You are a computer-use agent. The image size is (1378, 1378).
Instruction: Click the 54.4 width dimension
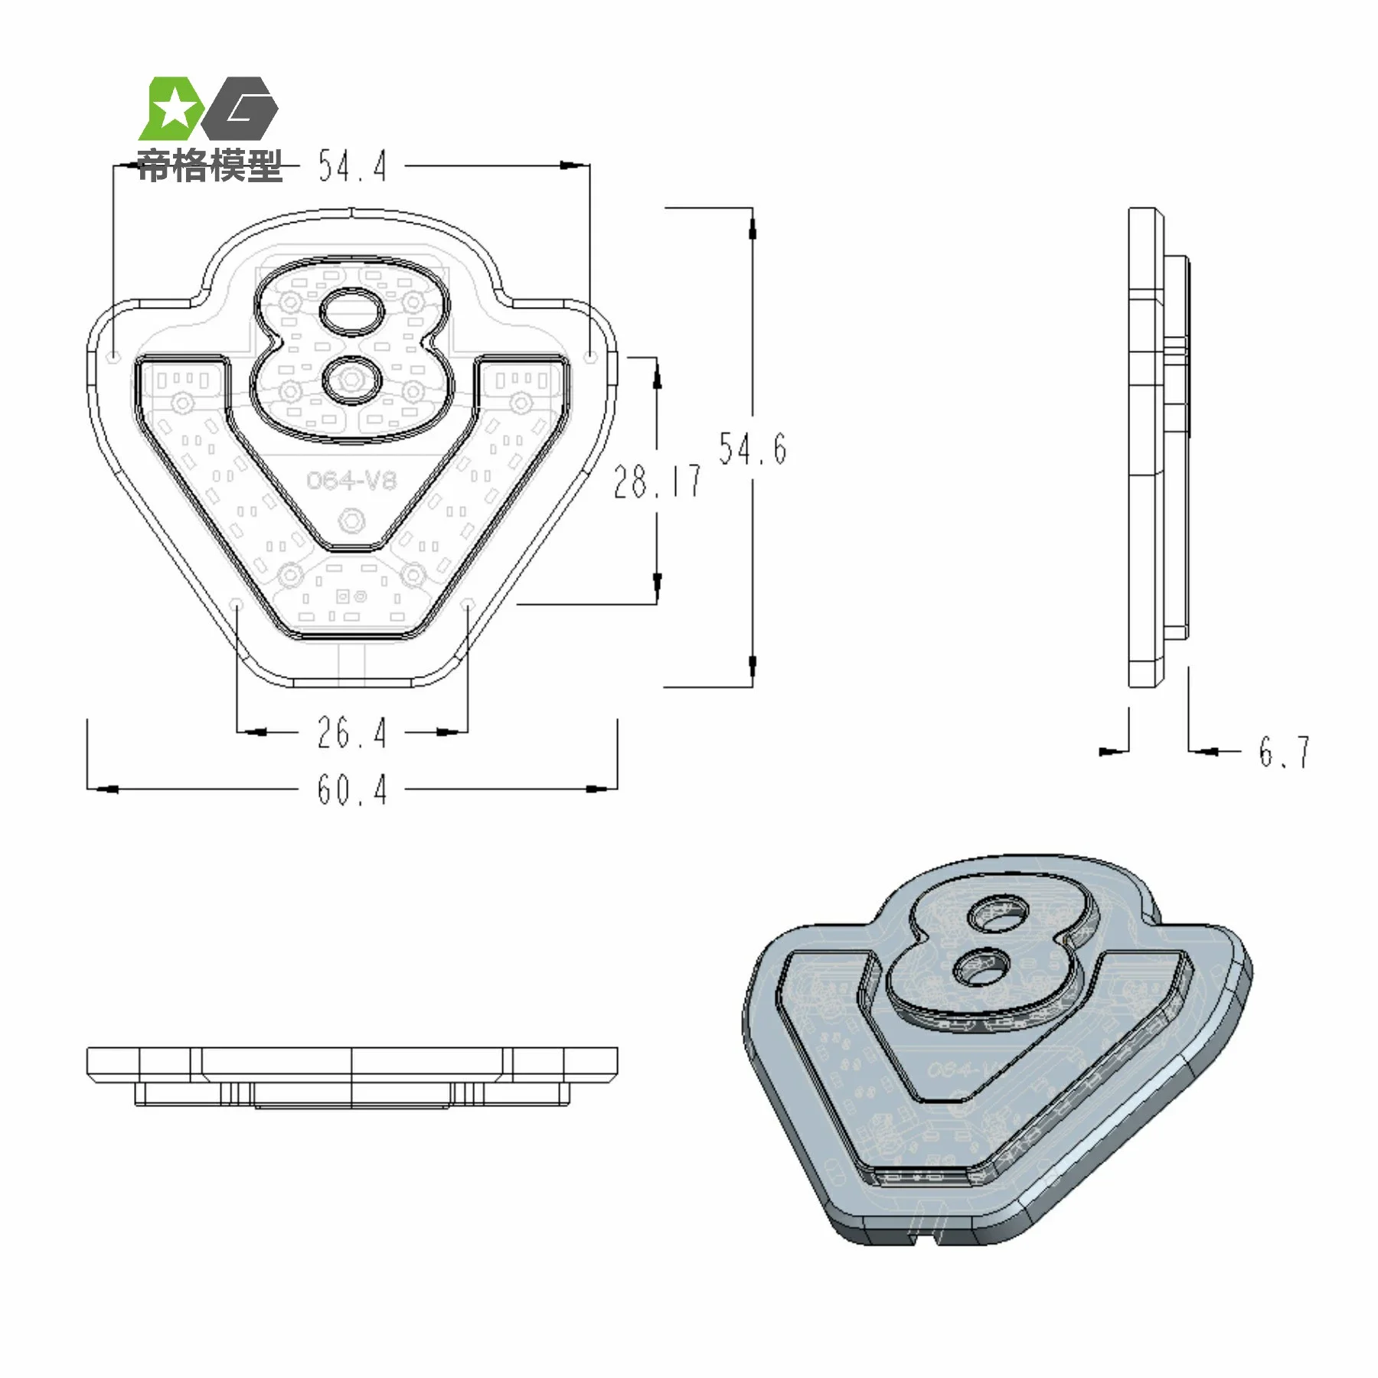(x=352, y=166)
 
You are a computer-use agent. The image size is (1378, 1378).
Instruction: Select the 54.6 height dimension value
(x=753, y=448)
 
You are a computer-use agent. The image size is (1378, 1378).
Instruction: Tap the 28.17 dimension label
(x=657, y=482)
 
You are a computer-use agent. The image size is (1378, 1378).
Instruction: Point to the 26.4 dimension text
(x=352, y=733)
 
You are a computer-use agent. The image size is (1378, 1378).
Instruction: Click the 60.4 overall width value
(x=352, y=789)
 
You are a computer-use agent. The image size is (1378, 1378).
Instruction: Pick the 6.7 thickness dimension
(x=1285, y=752)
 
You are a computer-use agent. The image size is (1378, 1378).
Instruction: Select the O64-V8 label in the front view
(x=351, y=480)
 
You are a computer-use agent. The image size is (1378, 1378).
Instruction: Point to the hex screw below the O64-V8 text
(x=351, y=521)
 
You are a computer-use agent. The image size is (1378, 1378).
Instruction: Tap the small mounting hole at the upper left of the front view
(x=114, y=357)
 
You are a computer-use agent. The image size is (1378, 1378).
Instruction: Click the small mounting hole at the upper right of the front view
(x=590, y=357)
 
